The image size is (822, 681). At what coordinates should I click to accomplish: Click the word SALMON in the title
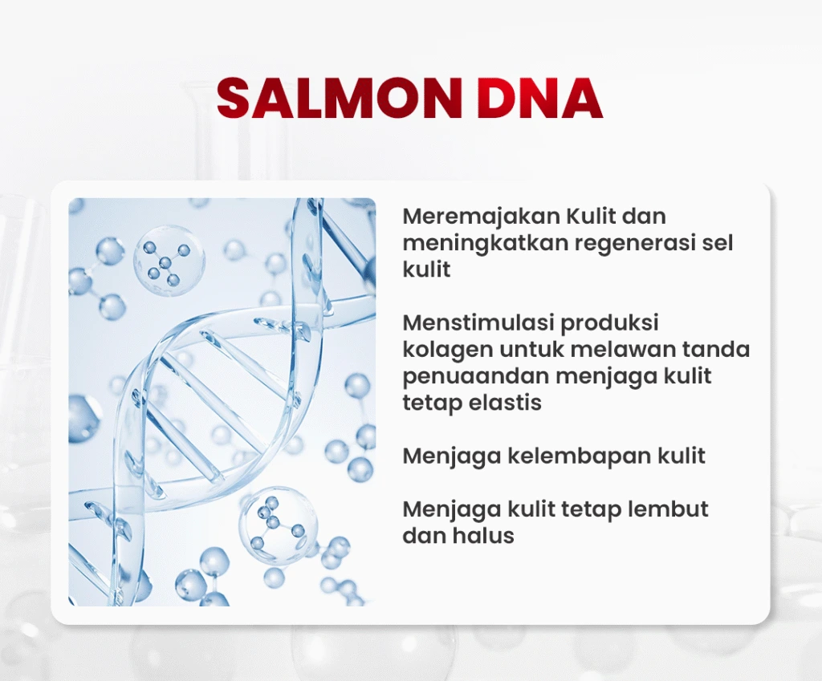click(340, 99)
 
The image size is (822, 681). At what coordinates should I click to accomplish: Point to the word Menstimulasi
click(478, 322)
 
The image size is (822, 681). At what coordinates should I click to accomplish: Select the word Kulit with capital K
click(584, 216)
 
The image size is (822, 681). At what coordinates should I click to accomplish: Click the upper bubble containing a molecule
click(169, 261)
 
